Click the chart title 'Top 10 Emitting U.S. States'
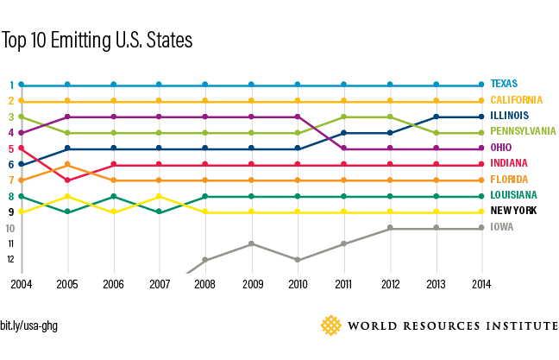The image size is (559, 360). pyautogui.click(x=96, y=41)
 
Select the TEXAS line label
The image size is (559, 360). pyautogui.click(x=505, y=85)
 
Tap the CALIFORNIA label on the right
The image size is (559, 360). pyautogui.click(x=516, y=101)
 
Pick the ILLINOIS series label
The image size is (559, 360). pyautogui.click(x=510, y=117)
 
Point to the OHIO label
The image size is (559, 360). pyautogui.click(x=500, y=148)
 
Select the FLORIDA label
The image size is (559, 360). pyautogui.click(x=508, y=180)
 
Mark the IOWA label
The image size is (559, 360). pyautogui.click(x=500, y=228)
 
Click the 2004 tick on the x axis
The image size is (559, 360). pyautogui.click(x=21, y=283)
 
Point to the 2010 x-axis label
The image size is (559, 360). pyautogui.click(x=298, y=283)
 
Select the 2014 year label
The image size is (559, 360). pyautogui.click(x=482, y=283)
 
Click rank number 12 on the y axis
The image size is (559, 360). pyautogui.click(x=10, y=259)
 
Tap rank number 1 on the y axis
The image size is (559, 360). pyautogui.click(x=10, y=85)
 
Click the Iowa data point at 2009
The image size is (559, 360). pyautogui.click(x=251, y=243)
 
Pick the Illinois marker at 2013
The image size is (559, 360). pyautogui.click(x=437, y=117)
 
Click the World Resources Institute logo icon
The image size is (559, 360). pyautogui.click(x=331, y=325)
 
